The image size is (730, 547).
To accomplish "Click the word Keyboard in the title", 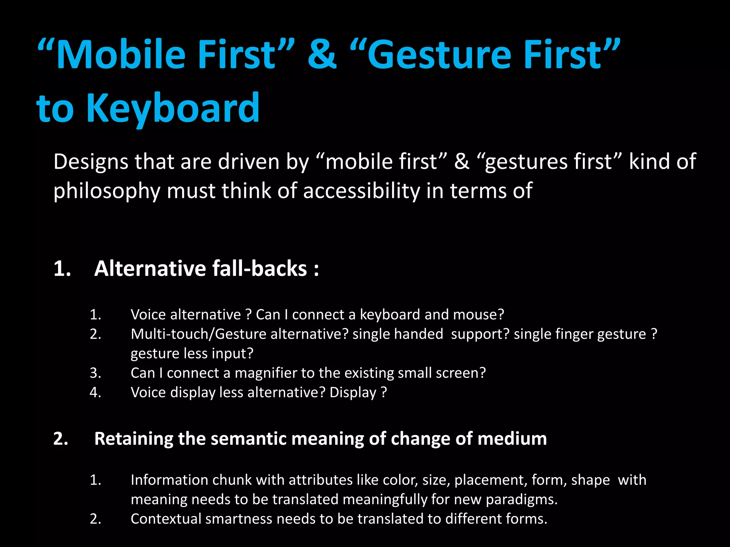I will point(173,108).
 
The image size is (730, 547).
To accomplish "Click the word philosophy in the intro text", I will point(107,191).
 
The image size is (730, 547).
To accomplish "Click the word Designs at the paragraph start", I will point(91,162).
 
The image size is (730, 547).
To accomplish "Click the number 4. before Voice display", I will point(96,392).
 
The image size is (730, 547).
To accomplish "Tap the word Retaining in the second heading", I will point(133,439).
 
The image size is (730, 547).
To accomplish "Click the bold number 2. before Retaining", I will point(61,439).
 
